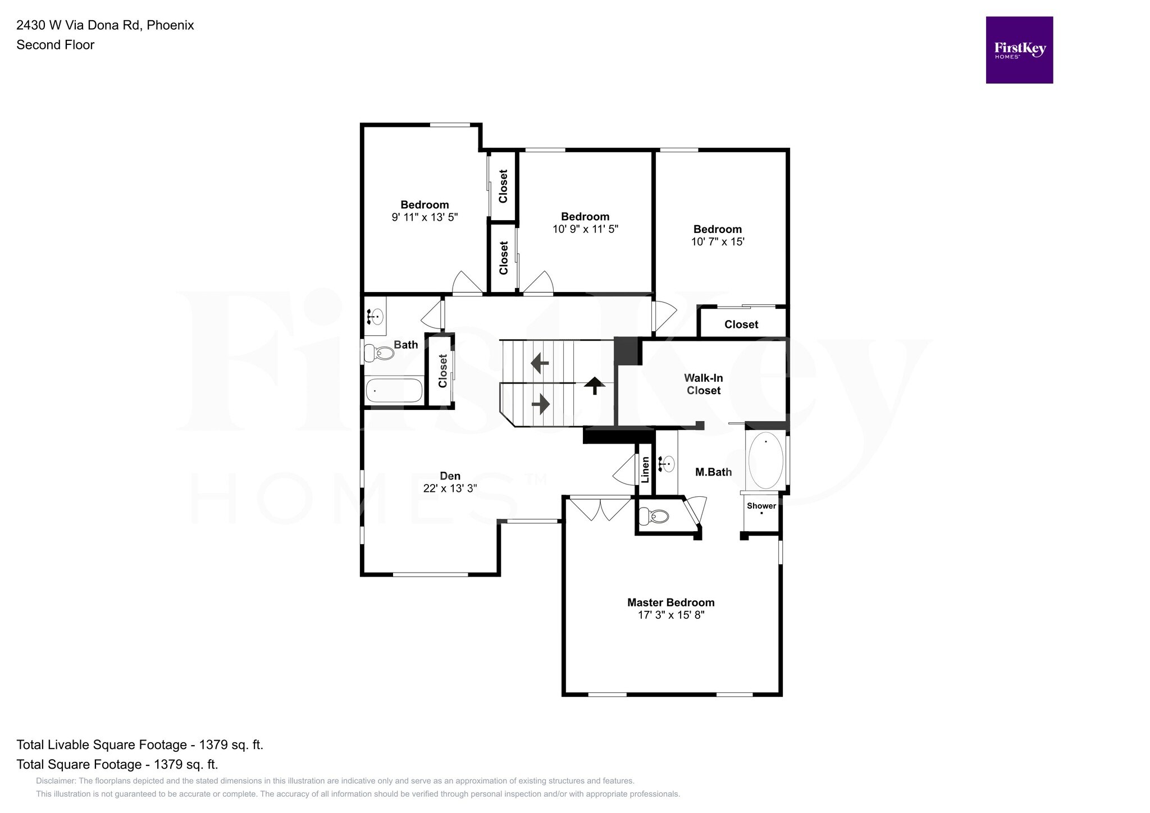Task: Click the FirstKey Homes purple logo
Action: coord(1019,50)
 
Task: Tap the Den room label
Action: coord(450,476)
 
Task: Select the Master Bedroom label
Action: coord(671,602)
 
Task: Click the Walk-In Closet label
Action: coord(704,384)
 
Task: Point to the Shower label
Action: coord(761,506)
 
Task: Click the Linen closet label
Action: coord(645,469)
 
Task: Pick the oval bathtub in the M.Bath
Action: coord(765,460)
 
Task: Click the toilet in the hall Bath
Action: coord(379,353)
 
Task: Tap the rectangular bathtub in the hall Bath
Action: coord(394,391)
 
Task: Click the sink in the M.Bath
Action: coord(667,464)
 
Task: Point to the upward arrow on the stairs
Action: coord(595,386)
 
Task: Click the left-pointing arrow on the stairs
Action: coord(540,363)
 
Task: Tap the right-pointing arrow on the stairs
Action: coord(540,404)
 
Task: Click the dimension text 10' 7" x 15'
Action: coord(718,242)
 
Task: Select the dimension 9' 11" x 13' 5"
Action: coord(425,217)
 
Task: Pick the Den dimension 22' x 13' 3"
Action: coord(450,488)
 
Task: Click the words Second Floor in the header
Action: coord(56,45)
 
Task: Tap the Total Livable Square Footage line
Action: coord(140,745)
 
